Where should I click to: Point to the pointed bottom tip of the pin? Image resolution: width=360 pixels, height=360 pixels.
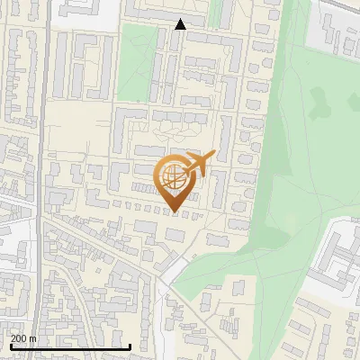tap(175, 211)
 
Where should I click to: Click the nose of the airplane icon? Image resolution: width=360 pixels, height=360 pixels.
tap(213, 156)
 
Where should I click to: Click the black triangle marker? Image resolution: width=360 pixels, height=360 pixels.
tap(181, 24)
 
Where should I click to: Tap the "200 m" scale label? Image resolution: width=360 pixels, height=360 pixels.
tap(22, 337)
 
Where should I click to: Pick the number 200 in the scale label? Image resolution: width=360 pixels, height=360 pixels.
tap(19, 337)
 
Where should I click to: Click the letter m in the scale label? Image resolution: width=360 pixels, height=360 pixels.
tap(32, 337)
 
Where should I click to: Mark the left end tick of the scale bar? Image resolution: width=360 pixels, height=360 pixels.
tap(10, 345)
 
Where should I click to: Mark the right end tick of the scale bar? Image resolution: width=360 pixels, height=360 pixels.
tap(130, 345)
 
